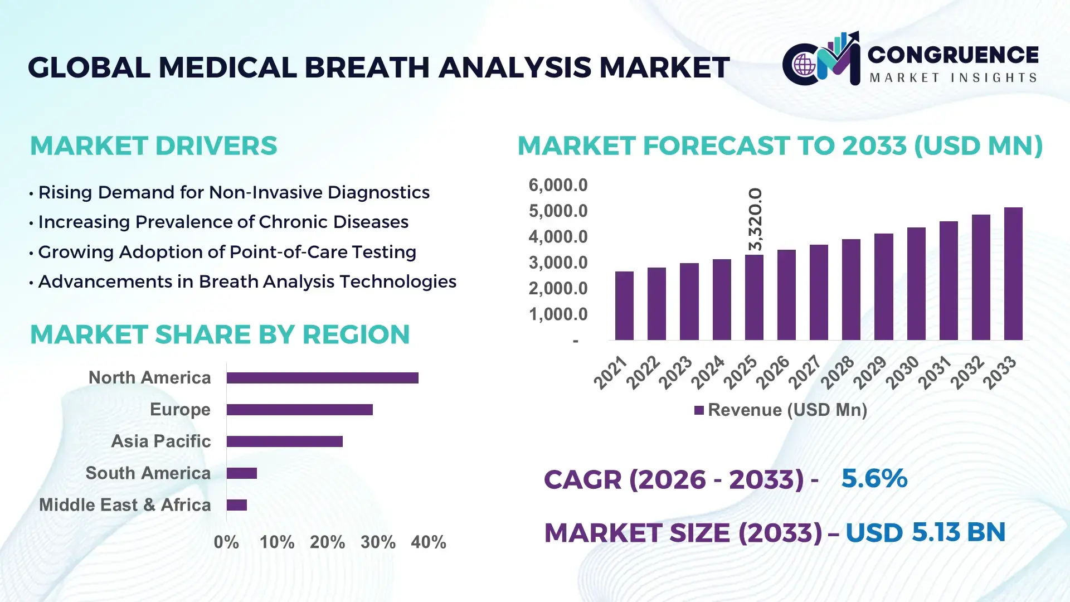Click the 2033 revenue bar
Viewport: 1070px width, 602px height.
(x=1013, y=274)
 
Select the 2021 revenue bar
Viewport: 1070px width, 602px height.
(x=624, y=305)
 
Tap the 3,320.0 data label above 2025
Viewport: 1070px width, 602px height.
(x=755, y=220)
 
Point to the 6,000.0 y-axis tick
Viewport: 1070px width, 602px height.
(x=558, y=185)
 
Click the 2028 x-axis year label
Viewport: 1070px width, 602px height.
(x=837, y=372)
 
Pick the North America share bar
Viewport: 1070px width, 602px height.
(x=322, y=378)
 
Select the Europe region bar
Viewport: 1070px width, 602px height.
(x=299, y=410)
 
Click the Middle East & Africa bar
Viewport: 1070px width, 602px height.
(x=236, y=505)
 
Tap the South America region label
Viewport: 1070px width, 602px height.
(x=148, y=473)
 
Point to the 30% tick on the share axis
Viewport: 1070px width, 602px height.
(x=378, y=542)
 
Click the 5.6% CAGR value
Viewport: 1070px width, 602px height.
(x=874, y=478)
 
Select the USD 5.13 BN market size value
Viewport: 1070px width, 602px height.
(x=925, y=532)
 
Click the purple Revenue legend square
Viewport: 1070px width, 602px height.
(x=699, y=410)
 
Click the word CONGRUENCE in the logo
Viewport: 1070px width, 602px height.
(x=953, y=55)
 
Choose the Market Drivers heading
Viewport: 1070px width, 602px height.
(x=153, y=146)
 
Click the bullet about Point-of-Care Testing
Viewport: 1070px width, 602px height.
(x=227, y=252)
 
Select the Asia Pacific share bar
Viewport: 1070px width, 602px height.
(x=284, y=441)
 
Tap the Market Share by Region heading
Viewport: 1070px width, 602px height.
(x=220, y=334)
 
